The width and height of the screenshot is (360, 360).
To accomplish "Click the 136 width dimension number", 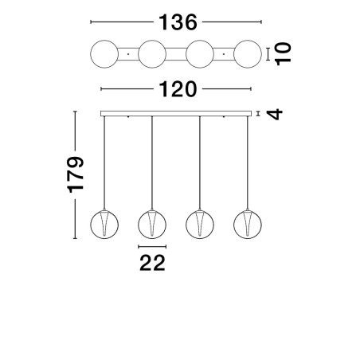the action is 178,22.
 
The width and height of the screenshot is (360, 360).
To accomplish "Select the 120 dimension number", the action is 178,89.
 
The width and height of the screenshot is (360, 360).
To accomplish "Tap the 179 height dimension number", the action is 76,174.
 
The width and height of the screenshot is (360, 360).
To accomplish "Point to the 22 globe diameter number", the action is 152,263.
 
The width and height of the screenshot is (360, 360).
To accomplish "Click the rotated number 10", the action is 284,54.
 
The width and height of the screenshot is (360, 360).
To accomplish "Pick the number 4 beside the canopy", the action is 275,114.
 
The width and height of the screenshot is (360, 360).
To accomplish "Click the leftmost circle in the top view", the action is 104,41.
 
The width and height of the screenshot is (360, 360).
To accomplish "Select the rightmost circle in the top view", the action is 248,41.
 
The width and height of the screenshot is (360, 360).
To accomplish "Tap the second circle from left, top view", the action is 152,41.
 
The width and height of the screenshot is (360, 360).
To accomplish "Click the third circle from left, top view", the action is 200,41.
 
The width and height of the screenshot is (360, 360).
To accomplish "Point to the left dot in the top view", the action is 128,54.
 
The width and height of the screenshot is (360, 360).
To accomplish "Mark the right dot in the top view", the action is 224,54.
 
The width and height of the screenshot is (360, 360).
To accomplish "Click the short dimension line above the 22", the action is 152,247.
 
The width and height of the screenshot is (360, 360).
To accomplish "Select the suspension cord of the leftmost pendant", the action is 104,162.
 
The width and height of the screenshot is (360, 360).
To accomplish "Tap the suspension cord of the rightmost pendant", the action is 248,162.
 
